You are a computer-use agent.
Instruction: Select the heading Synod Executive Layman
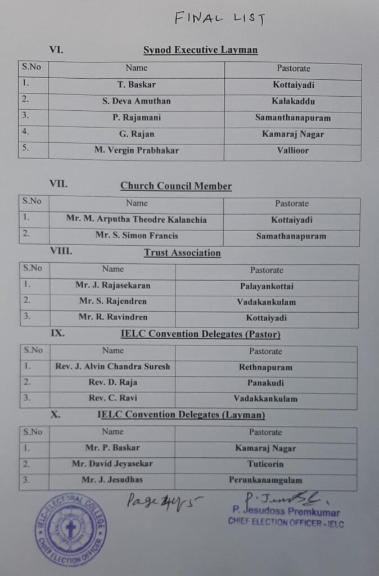point(200,50)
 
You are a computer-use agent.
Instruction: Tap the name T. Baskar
point(137,85)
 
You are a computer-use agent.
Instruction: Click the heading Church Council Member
point(176,186)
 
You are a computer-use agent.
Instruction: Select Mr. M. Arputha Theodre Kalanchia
point(136,220)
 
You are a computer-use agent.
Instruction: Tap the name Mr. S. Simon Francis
point(137,236)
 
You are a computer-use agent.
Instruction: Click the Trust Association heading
point(182,253)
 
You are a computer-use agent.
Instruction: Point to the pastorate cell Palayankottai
point(267,286)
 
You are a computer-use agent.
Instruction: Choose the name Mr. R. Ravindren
point(113,318)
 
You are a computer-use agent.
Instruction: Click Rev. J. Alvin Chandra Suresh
point(112,367)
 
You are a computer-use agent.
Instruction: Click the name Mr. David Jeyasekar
point(112,465)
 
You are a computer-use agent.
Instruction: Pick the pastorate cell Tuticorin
point(265,465)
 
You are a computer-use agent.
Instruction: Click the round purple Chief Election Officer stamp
point(70,529)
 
